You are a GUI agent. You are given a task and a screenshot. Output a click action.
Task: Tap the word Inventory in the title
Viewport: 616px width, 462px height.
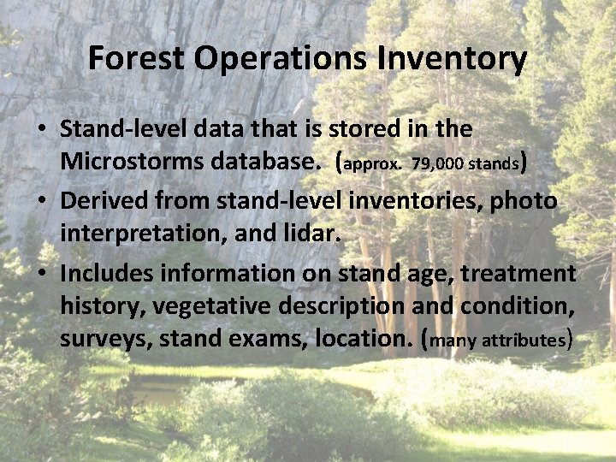[459, 59]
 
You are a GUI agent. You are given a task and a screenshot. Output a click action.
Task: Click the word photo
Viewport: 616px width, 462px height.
[524, 200]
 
